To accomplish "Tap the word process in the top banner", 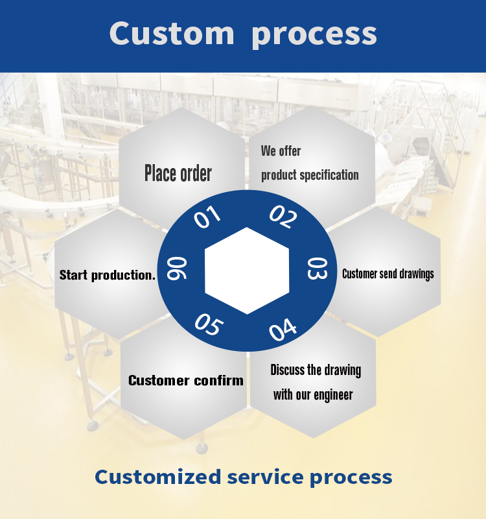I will (314, 34).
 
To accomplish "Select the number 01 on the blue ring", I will (207, 217).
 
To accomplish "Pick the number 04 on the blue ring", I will (283, 330).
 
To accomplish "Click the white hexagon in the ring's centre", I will (246, 271).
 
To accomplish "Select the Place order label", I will (178, 173).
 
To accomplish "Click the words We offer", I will (281, 151).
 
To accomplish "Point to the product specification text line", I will (310, 175).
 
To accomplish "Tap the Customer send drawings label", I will (388, 274).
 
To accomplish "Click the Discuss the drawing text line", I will (316, 370).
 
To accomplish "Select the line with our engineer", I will (313, 394).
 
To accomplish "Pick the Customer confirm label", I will (186, 380).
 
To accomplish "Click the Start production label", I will (108, 275).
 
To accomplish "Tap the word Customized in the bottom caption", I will (157, 477).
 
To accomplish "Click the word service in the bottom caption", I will (266, 477).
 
